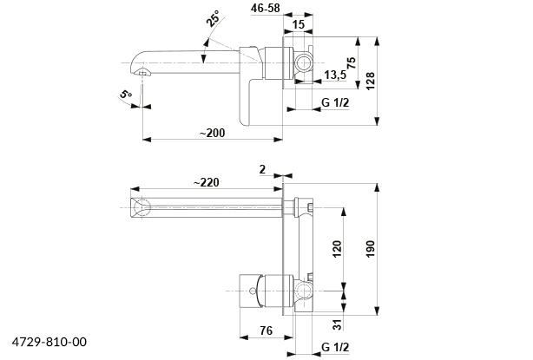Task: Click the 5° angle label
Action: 127,95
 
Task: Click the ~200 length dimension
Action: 211,133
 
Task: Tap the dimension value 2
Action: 262,170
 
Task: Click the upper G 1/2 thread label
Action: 334,103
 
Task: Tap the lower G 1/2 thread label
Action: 334,349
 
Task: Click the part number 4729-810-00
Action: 50,343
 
